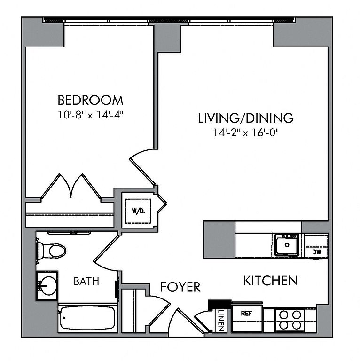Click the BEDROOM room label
[90, 100]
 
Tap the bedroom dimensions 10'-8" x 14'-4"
[90, 115]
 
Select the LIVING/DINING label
[246, 118]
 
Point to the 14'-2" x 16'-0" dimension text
[246, 133]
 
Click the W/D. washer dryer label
[139, 211]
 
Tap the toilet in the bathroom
[51, 250]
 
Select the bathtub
[88, 318]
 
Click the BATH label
[86, 281]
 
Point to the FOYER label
[180, 287]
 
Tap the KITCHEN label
[270, 281]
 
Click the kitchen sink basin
[287, 245]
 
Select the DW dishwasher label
[316, 252]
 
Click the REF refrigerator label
[247, 314]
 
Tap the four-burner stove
[290, 320]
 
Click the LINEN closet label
[221, 321]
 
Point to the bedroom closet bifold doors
[71, 186]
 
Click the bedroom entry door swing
[142, 167]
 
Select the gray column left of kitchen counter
[219, 240]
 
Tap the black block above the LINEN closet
[219, 305]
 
